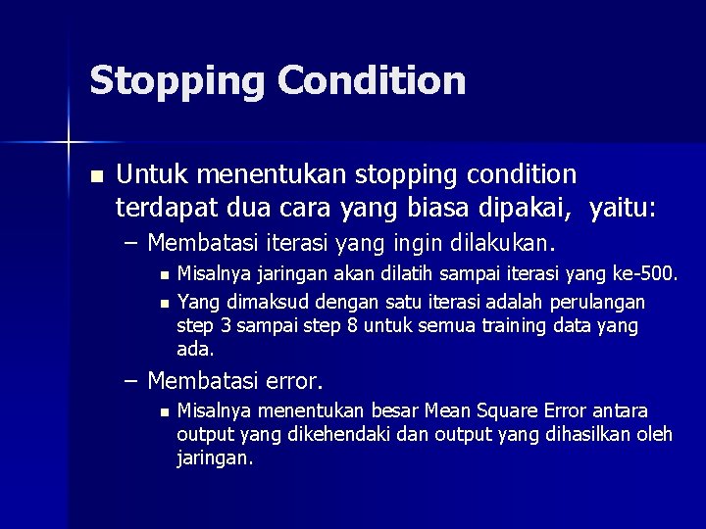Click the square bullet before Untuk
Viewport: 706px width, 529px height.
(x=95, y=176)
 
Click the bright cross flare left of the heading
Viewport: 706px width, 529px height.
(x=69, y=143)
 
